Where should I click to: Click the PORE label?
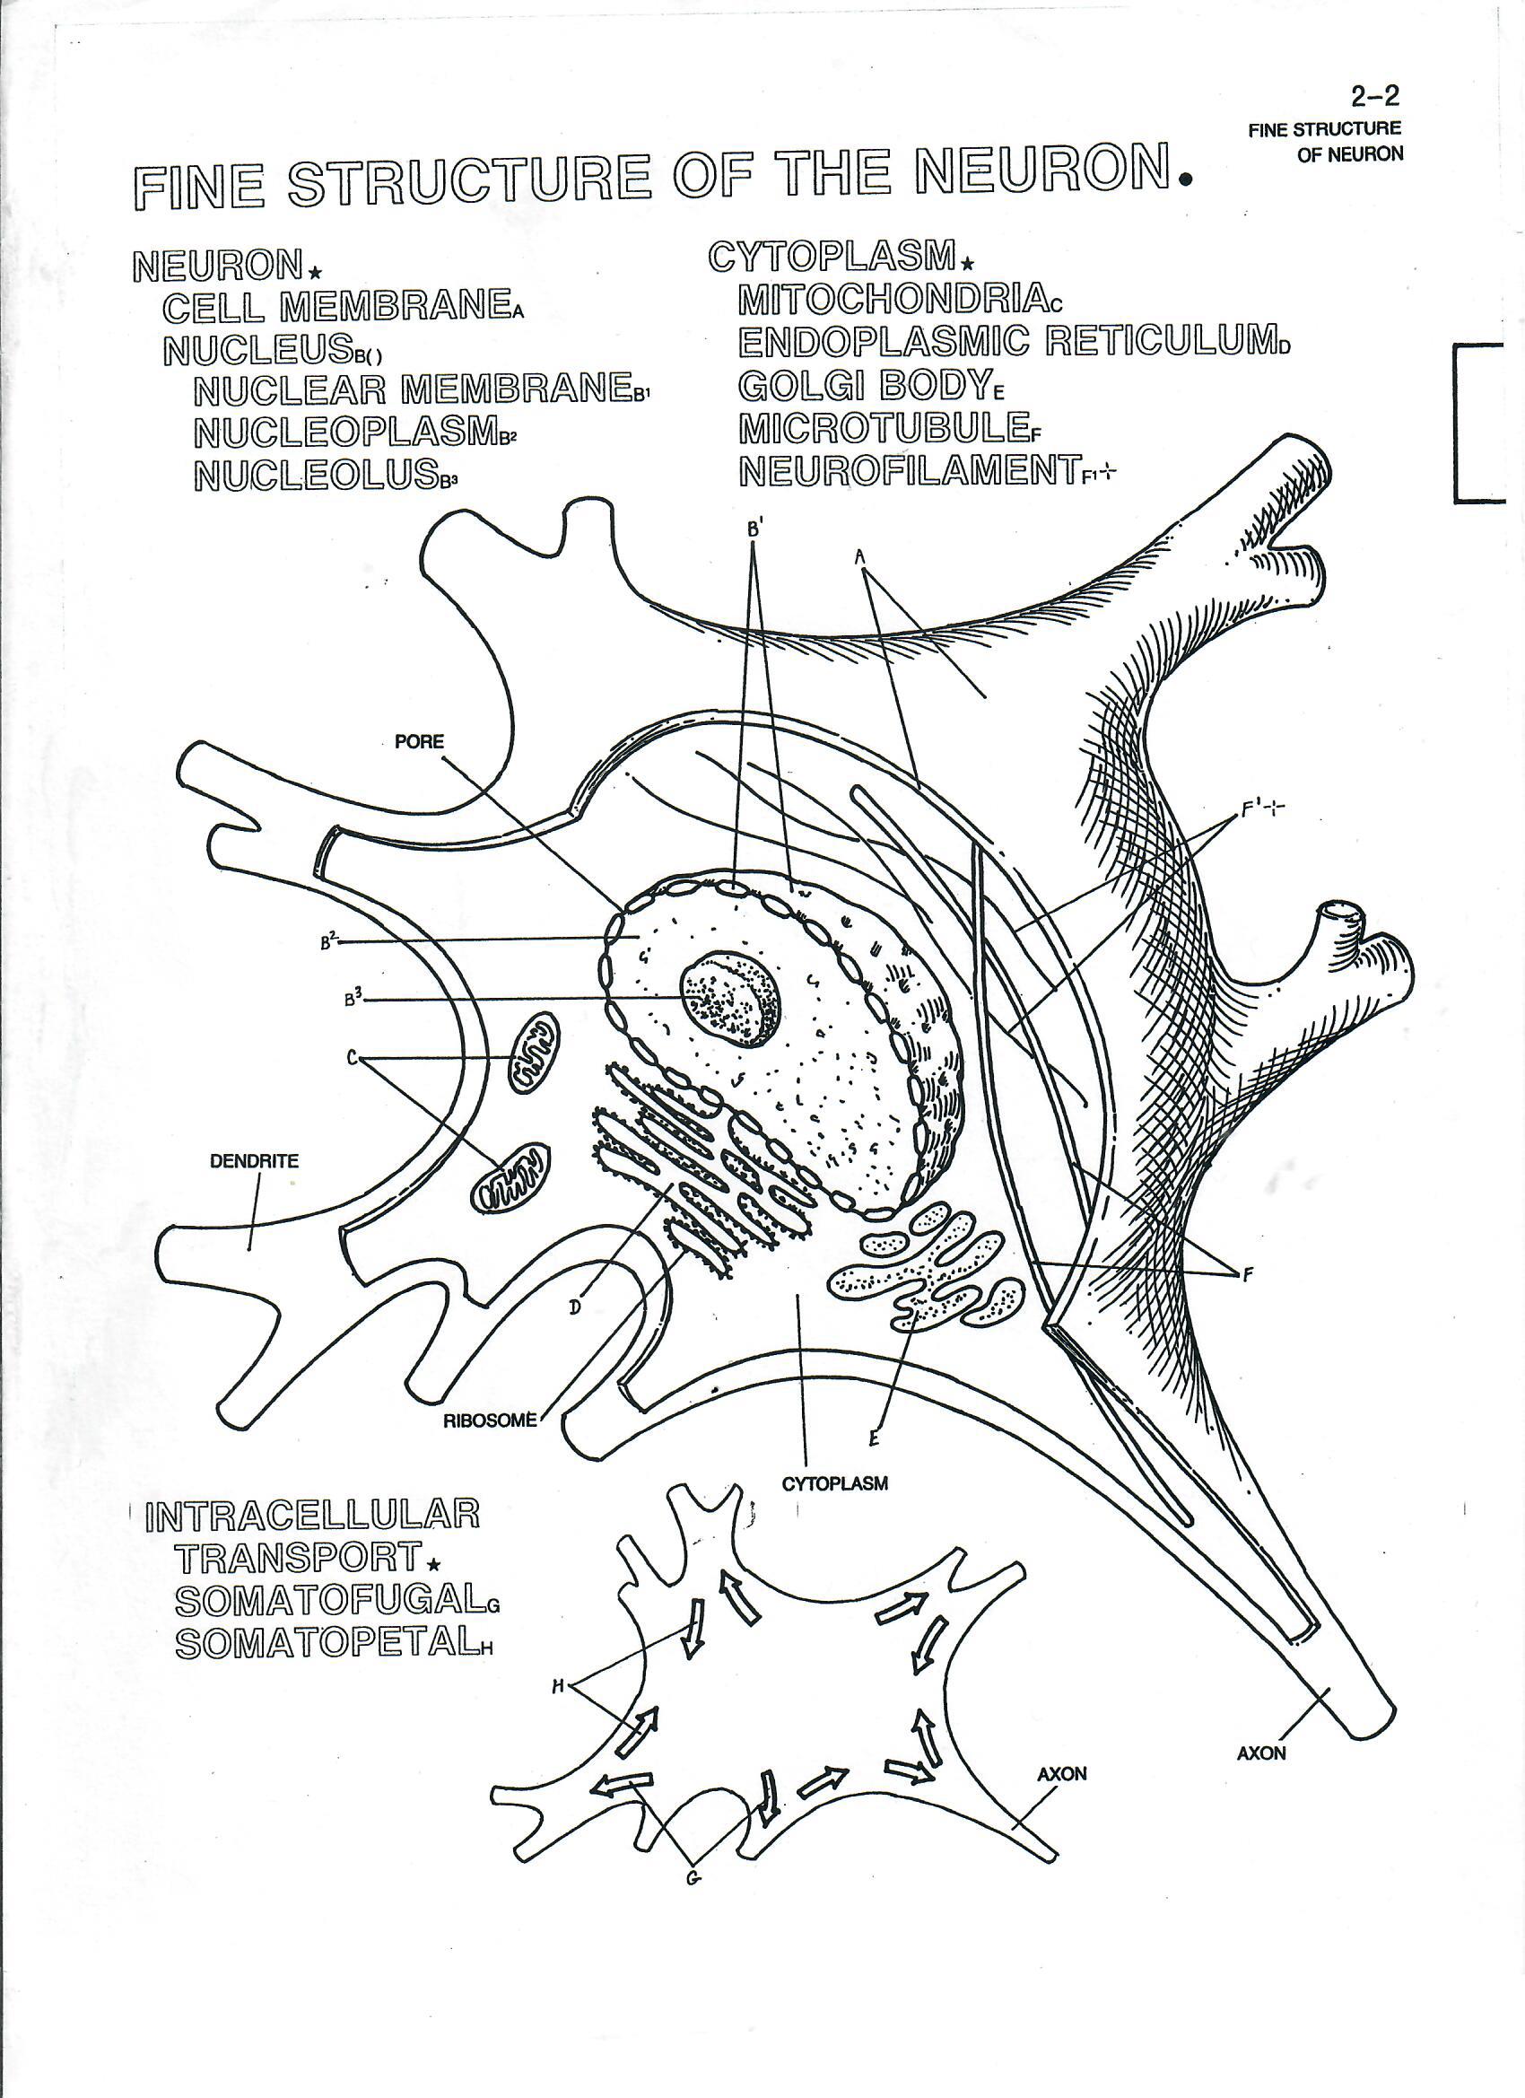click(x=419, y=742)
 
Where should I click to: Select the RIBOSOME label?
click(x=489, y=1421)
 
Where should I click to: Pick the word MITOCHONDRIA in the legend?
click(x=893, y=298)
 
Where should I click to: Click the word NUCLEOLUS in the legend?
click(x=316, y=476)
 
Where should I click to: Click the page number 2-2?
click(x=1375, y=96)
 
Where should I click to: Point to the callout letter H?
click(x=558, y=1686)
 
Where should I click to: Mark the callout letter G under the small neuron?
click(x=691, y=1877)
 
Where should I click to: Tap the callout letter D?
click(x=575, y=1306)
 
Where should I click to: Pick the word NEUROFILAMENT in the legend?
click(x=909, y=471)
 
